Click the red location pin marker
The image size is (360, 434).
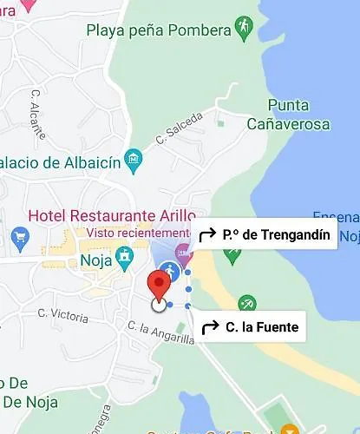[x=158, y=284]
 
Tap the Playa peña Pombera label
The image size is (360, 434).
[x=159, y=30]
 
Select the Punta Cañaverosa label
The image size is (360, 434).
[x=286, y=115]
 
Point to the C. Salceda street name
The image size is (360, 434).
[x=179, y=127]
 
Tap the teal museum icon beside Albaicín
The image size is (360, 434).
[x=133, y=160]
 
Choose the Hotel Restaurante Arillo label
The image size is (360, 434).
[x=112, y=214]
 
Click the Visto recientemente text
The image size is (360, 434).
[x=137, y=233]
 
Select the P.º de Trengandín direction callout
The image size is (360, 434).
[x=264, y=234]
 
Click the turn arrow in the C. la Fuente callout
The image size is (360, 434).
[x=210, y=327]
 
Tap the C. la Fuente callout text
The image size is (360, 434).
[x=261, y=327]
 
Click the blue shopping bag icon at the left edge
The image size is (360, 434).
[x=21, y=235]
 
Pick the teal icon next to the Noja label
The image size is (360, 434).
[x=126, y=256]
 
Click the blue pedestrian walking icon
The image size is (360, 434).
[x=169, y=272]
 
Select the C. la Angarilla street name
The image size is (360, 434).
[x=160, y=333]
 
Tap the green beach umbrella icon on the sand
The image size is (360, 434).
[x=247, y=303]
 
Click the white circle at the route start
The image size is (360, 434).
[x=158, y=304]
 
